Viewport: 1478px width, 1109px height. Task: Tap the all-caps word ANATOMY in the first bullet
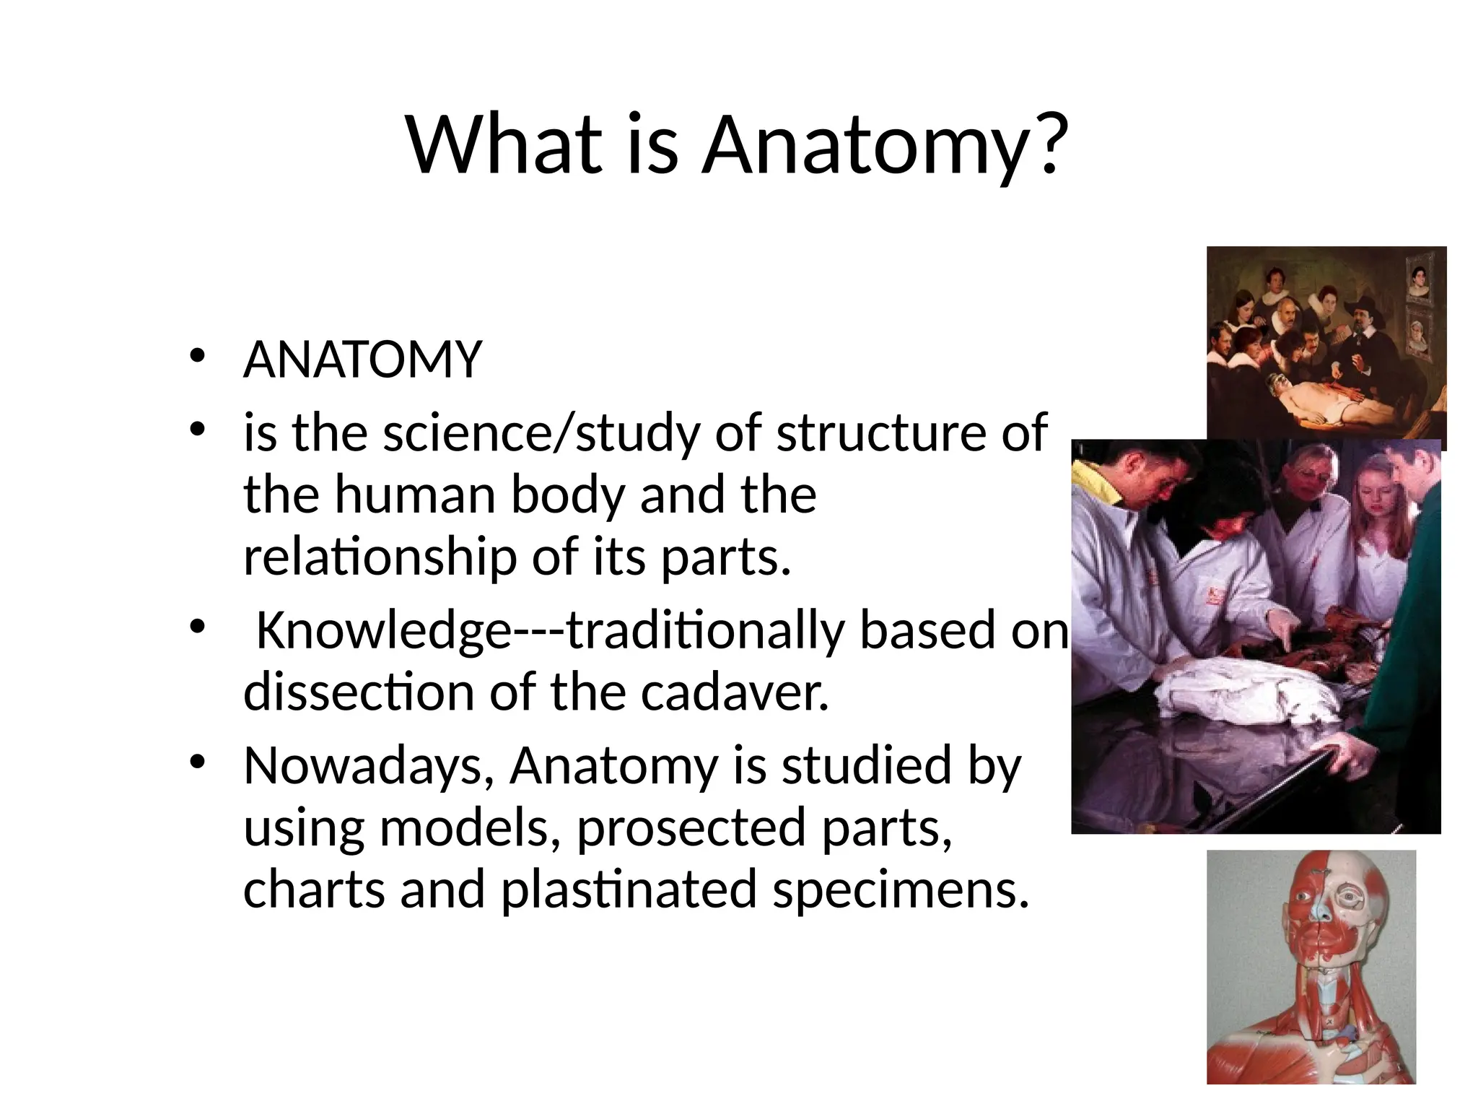(x=362, y=360)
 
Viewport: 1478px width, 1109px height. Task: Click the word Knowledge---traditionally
(x=550, y=630)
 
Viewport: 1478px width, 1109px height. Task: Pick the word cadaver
(x=734, y=692)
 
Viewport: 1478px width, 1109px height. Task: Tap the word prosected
(x=691, y=827)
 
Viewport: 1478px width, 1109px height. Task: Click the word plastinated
(x=629, y=890)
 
